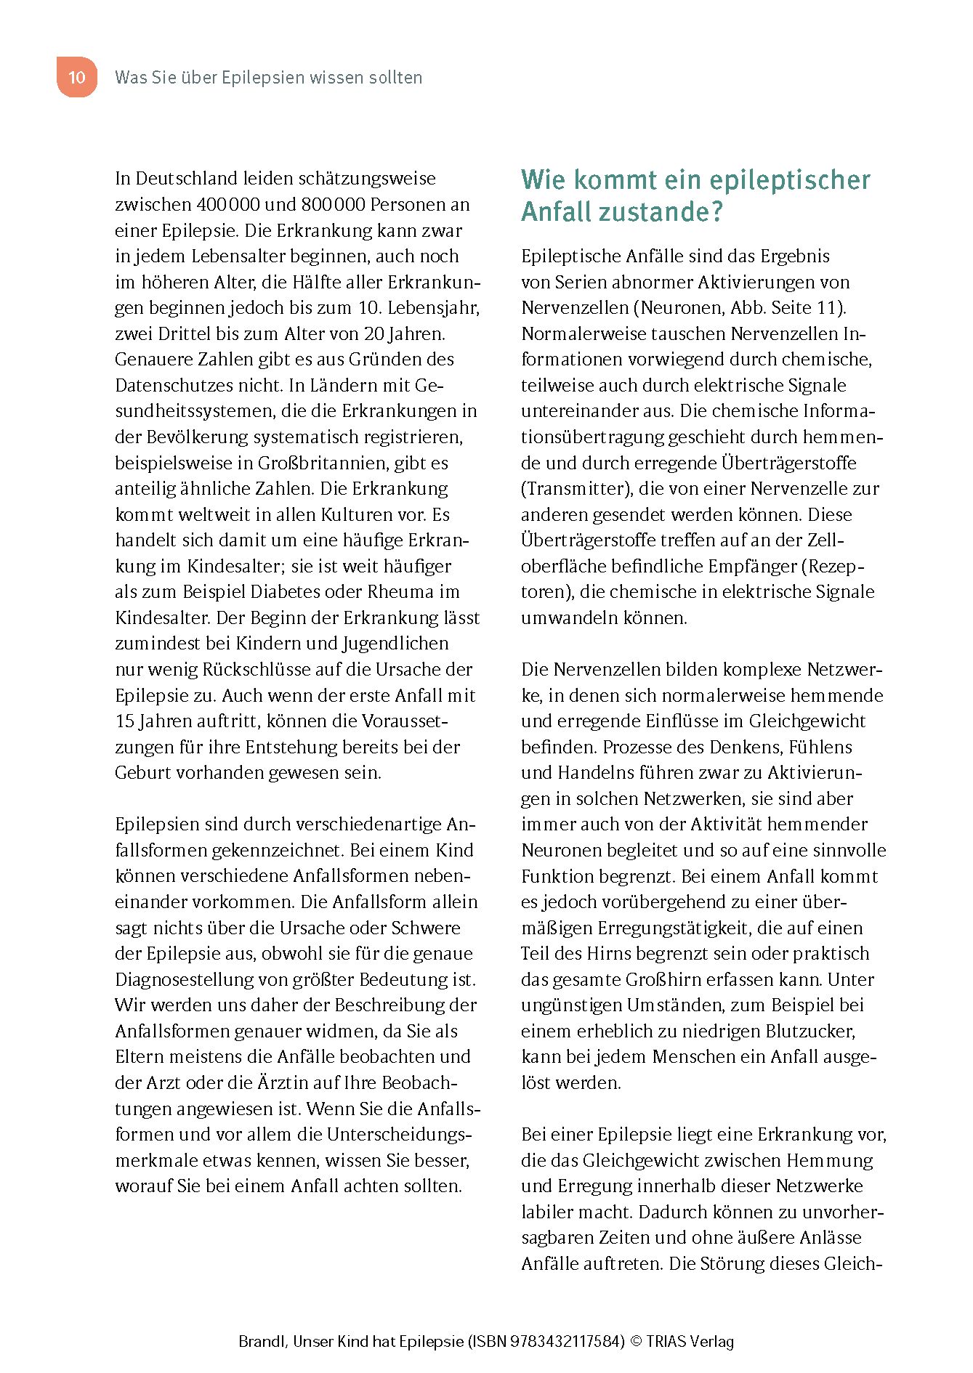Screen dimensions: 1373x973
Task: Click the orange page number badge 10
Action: [76, 77]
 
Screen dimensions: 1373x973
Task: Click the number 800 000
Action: [333, 205]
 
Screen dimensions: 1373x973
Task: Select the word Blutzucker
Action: [811, 1032]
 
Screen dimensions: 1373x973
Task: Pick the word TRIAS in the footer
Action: [672, 1342]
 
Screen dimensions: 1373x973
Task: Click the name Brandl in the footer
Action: [261, 1342]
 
